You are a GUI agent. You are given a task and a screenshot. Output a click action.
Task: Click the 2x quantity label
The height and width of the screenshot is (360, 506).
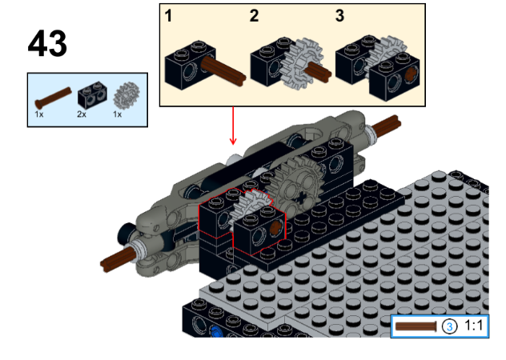point(82,114)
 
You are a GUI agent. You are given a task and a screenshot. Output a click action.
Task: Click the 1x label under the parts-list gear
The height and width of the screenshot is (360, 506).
point(118,114)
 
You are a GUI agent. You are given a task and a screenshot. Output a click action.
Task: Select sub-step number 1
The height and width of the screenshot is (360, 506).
point(169,15)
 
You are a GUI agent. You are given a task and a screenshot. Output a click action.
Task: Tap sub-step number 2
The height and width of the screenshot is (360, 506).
point(254,15)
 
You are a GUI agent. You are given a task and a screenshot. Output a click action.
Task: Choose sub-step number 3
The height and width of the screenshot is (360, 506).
point(339,15)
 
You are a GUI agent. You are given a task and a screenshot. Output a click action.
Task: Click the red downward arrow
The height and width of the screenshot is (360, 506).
point(233,125)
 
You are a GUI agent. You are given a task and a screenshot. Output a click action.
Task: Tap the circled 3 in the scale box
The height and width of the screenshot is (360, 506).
point(449,326)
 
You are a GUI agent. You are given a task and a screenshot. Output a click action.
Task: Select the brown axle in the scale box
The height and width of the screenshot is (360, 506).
point(416,326)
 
